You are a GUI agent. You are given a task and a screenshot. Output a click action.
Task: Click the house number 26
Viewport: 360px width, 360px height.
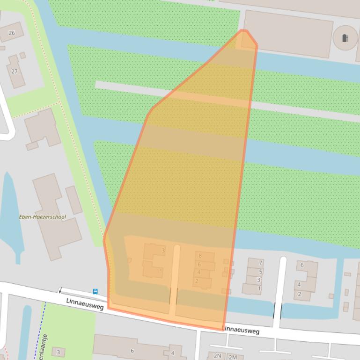(x=12, y=33)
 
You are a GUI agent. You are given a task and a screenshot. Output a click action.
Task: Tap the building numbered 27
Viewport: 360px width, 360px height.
(x=15, y=71)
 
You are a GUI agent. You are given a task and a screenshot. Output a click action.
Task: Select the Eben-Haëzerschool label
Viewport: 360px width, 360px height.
(x=43, y=217)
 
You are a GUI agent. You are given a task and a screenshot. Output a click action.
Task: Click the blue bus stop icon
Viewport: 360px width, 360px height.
(x=96, y=292)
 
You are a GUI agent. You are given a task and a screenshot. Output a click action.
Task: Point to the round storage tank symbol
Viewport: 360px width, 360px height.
(x=345, y=38)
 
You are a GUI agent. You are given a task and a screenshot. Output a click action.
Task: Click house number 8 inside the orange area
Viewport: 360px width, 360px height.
(x=200, y=256)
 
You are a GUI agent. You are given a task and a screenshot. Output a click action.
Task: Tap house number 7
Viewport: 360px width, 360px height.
(x=260, y=263)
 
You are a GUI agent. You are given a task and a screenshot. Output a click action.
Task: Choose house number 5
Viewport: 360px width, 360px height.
(x=260, y=272)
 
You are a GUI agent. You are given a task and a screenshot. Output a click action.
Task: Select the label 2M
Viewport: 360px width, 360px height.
(x=232, y=357)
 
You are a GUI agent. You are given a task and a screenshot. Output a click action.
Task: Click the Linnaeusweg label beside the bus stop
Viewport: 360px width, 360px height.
(x=85, y=304)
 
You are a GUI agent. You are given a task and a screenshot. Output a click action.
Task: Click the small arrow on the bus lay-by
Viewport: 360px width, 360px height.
(x=60, y=291)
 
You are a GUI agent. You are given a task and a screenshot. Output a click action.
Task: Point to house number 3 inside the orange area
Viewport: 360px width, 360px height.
(x=163, y=251)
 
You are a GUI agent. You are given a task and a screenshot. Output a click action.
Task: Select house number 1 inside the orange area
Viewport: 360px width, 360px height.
(x=161, y=271)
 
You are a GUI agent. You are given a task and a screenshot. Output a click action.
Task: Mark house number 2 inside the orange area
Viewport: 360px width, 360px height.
(x=197, y=281)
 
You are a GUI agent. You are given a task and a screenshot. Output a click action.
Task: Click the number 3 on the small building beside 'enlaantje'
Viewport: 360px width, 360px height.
(x=59, y=352)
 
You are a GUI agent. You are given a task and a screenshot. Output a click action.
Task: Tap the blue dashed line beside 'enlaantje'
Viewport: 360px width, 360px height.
(x=40, y=327)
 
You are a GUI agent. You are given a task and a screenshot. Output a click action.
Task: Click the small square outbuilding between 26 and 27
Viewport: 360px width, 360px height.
(x=22, y=55)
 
